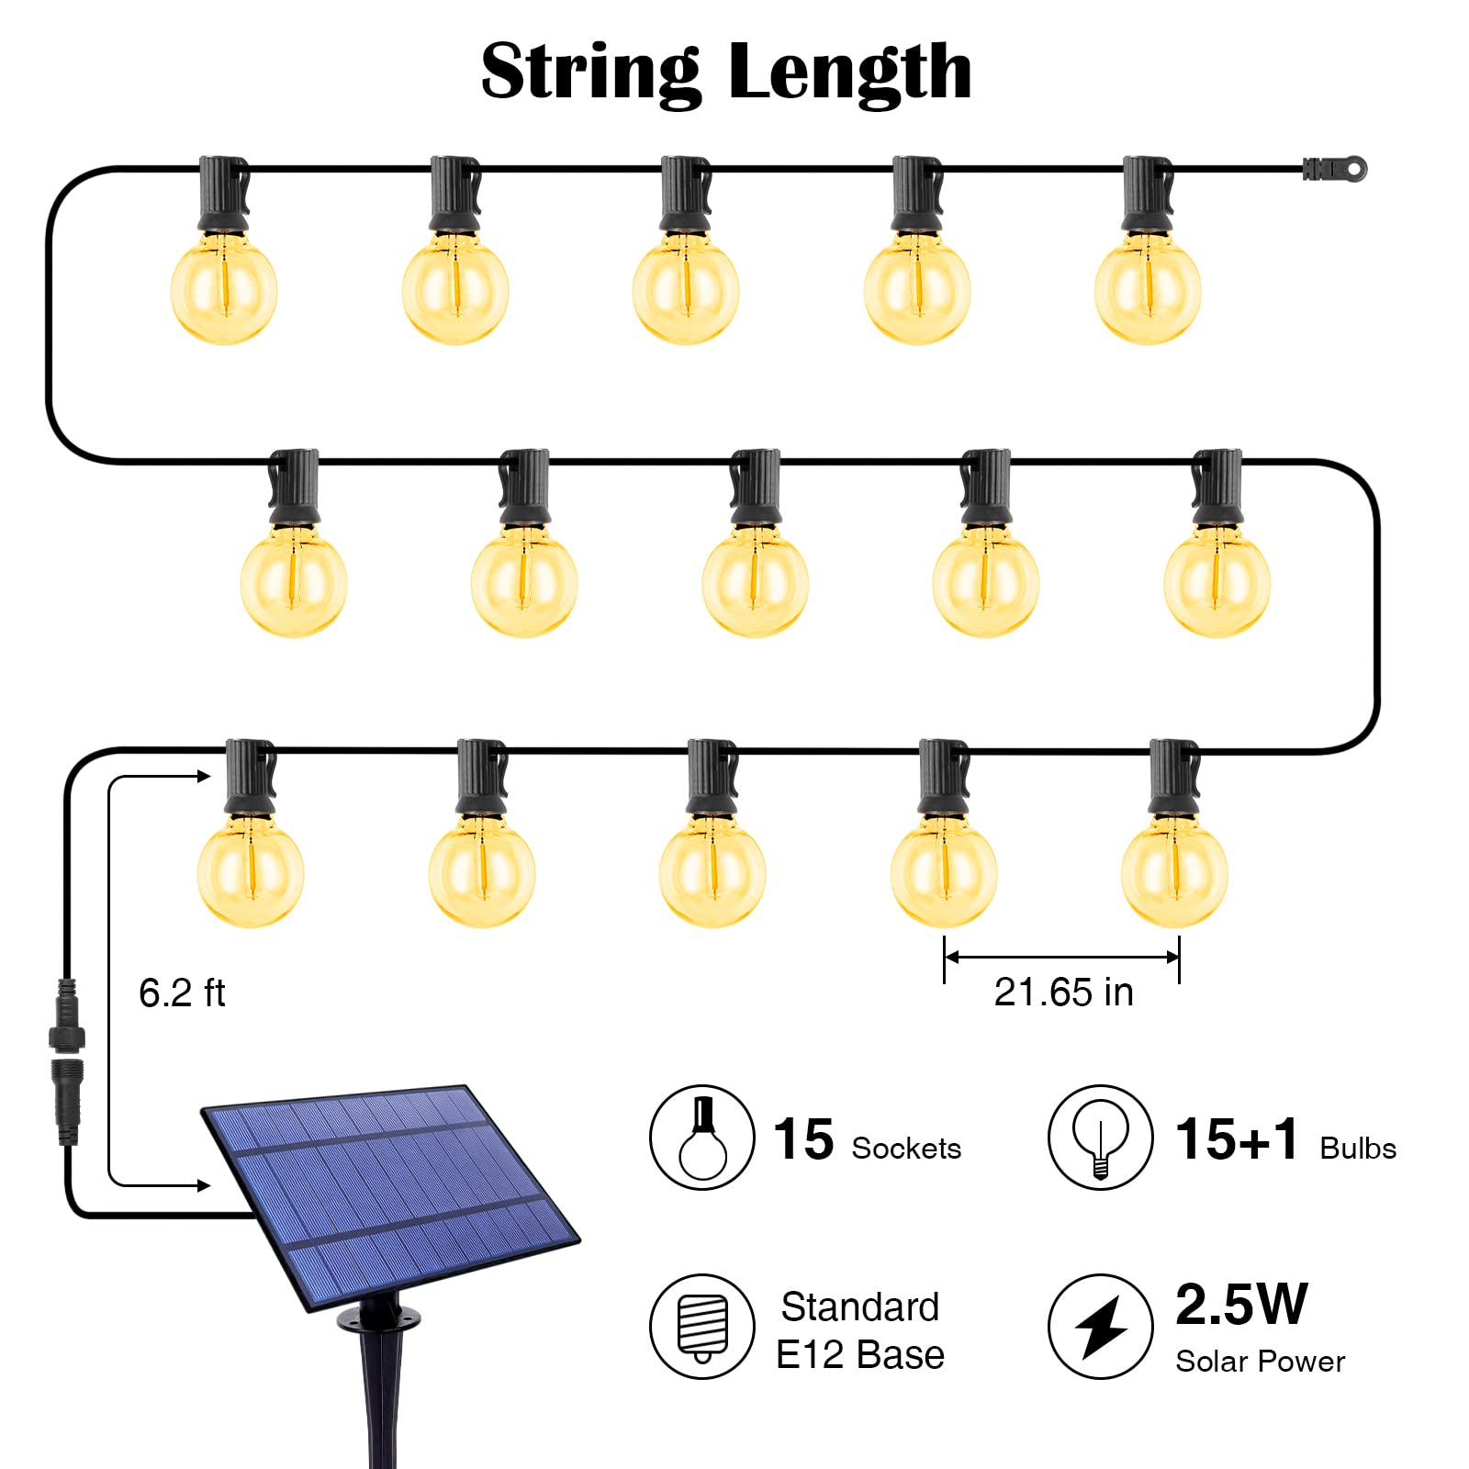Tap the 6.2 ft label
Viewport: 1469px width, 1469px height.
tap(182, 993)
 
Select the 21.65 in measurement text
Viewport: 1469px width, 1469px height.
tap(1063, 992)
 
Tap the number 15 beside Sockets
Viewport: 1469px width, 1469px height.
tap(803, 1140)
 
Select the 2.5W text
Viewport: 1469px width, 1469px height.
tap(1240, 1304)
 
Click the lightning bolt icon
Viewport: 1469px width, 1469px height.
tap(1100, 1327)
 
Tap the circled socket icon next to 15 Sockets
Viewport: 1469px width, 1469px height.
tap(702, 1138)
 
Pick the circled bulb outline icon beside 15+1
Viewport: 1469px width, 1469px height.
tap(1100, 1138)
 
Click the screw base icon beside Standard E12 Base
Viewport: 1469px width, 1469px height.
tap(702, 1327)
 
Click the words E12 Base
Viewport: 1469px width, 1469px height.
tap(859, 1355)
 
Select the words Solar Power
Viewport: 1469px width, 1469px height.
tap(1260, 1362)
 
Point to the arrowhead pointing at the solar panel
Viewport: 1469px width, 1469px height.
tap(203, 1185)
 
